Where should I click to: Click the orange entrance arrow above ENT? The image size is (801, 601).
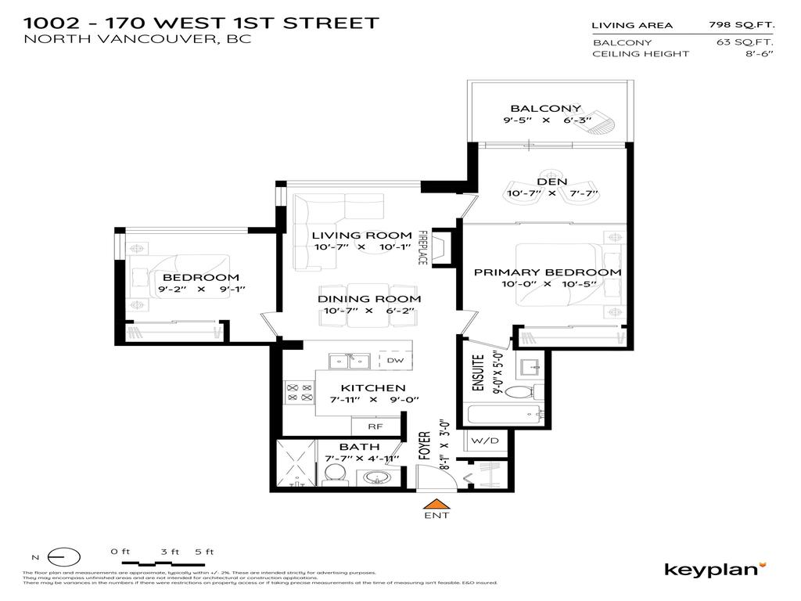437,506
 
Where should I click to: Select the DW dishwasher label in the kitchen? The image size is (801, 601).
395,361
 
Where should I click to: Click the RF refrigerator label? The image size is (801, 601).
375,426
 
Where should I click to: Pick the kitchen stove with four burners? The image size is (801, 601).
298,391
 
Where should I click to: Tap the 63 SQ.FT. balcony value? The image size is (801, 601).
745,41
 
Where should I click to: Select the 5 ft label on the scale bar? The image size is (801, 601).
205,552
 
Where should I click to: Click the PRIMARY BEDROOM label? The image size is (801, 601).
548,272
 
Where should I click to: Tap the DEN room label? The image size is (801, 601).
551,181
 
